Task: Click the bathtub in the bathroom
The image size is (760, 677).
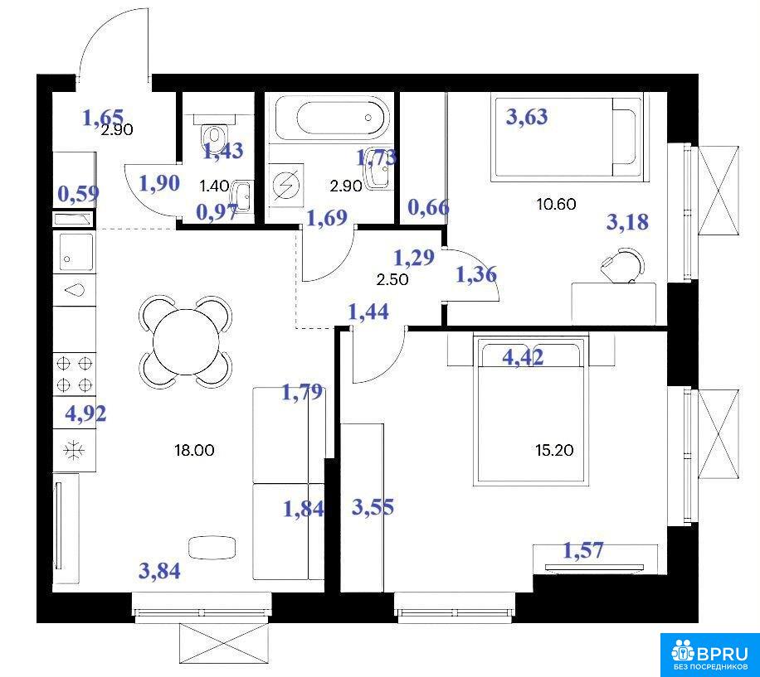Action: pyautogui.click(x=332, y=117)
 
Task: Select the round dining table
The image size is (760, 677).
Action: pyautogui.click(x=186, y=341)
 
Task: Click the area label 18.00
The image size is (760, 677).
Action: pyautogui.click(x=194, y=451)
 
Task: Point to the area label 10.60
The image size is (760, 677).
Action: pyautogui.click(x=557, y=204)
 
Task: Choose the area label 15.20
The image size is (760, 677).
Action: pyautogui.click(x=554, y=451)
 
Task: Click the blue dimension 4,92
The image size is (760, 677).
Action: pyautogui.click(x=85, y=414)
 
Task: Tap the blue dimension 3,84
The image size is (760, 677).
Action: pyautogui.click(x=159, y=571)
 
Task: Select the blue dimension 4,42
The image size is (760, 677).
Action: pyautogui.click(x=523, y=358)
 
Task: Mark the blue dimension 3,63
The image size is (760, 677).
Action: pyautogui.click(x=527, y=117)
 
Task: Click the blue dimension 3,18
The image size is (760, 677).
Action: pyautogui.click(x=628, y=222)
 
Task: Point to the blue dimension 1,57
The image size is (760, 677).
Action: pyautogui.click(x=583, y=550)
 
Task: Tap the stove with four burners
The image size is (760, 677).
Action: pyautogui.click(x=75, y=374)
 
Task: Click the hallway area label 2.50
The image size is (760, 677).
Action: pyautogui.click(x=392, y=280)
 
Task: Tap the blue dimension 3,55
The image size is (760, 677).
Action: pyautogui.click(x=373, y=508)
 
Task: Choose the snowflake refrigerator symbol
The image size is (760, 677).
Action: pyautogui.click(x=74, y=451)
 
